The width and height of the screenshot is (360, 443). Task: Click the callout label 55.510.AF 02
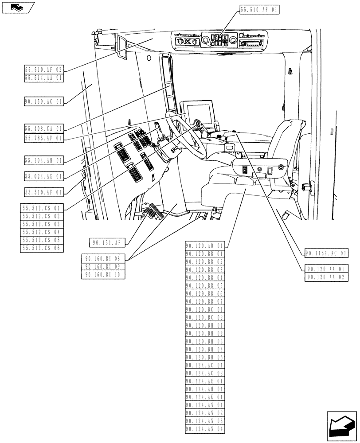click(x=44, y=70)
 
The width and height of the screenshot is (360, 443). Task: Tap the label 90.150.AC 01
click(x=44, y=101)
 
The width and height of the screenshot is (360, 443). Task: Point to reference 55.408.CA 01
click(x=44, y=129)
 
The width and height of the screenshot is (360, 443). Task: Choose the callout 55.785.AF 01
click(x=44, y=138)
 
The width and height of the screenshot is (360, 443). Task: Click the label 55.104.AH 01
click(x=44, y=160)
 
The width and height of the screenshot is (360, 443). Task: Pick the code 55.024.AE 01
click(x=44, y=176)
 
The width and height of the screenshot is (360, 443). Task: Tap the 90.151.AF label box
click(x=108, y=242)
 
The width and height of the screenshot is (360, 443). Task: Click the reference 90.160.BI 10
click(x=104, y=275)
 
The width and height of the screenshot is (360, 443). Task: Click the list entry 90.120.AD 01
click(x=205, y=245)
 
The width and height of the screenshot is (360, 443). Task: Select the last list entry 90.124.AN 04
click(x=205, y=429)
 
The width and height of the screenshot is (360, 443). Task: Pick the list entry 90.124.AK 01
click(x=205, y=397)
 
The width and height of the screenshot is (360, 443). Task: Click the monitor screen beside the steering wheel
click(x=199, y=111)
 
